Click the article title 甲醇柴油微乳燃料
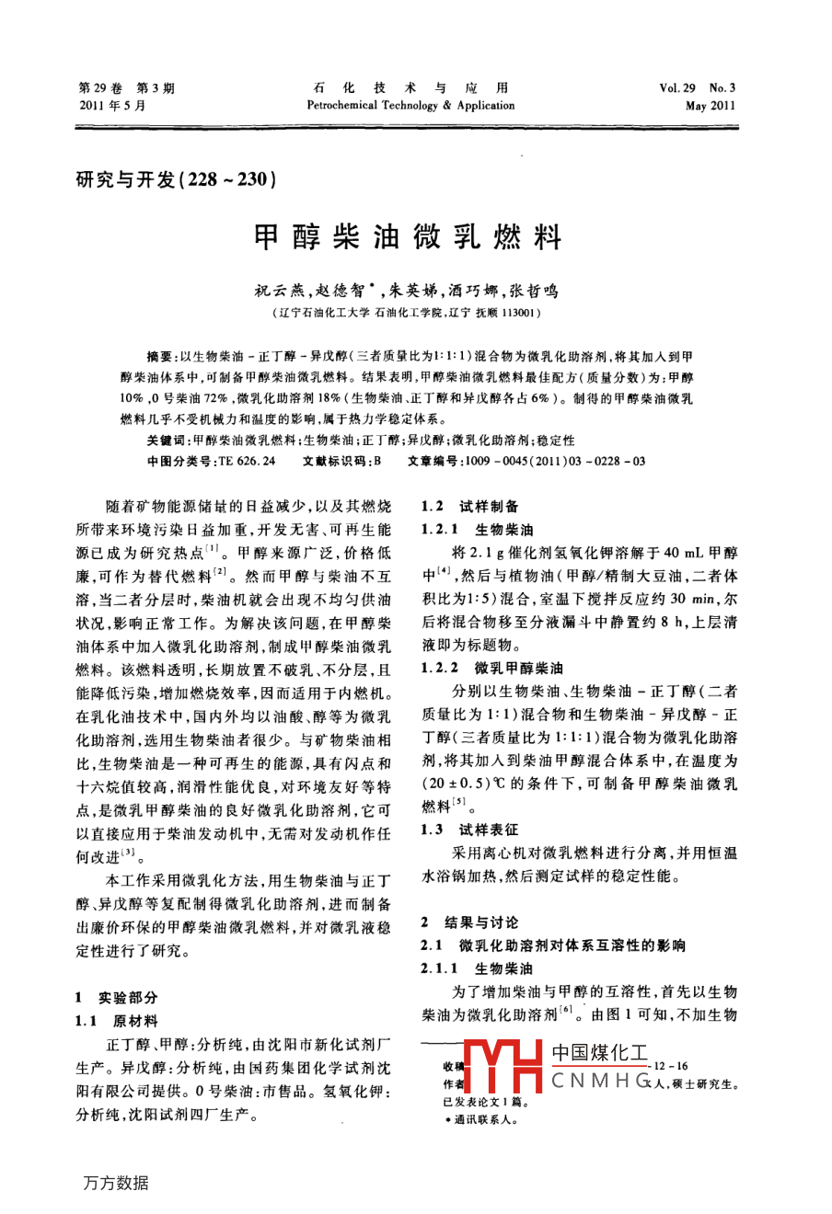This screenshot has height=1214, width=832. tap(407, 239)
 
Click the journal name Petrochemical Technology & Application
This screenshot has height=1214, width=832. tap(410, 106)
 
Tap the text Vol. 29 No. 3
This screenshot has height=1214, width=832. tap(698, 88)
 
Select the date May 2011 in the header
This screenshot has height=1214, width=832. tap(711, 106)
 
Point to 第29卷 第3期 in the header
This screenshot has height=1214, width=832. tap(125, 88)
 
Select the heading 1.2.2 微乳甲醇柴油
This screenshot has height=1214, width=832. tap(492, 668)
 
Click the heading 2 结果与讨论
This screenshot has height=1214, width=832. tap(469, 922)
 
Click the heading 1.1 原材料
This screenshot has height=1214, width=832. tap(117, 1021)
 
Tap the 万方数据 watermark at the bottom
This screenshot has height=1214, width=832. tap(116, 1183)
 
